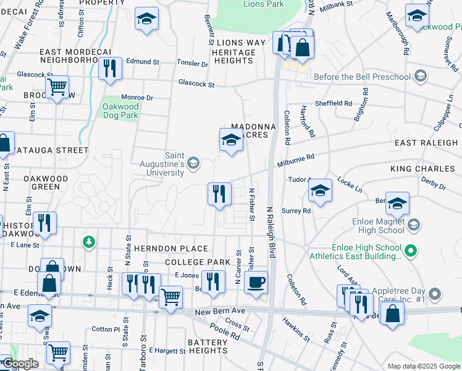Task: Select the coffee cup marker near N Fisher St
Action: pyautogui.click(x=256, y=283)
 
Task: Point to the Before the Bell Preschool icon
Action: pyautogui.click(x=421, y=77)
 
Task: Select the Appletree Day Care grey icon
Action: pyautogui.click(x=435, y=294)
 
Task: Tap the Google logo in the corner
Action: pyautogui.click(x=20, y=364)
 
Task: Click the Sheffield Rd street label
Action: pyautogui.click(x=334, y=104)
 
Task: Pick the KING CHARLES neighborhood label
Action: pyautogui.click(x=422, y=169)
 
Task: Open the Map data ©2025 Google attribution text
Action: pyautogui.click(x=423, y=366)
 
